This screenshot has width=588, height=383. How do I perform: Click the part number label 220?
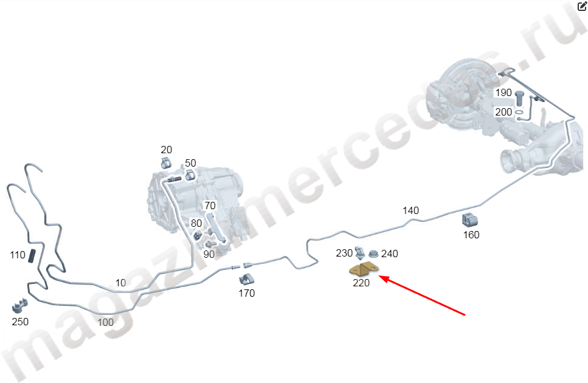(x=361, y=283)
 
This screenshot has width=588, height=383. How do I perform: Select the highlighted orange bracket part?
(x=364, y=269)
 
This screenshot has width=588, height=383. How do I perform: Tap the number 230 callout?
(x=344, y=254)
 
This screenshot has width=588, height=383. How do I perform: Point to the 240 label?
(x=390, y=254)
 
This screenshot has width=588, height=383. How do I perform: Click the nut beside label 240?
(x=373, y=254)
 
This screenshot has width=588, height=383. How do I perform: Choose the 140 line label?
(x=410, y=210)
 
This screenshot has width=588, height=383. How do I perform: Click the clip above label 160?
(x=469, y=220)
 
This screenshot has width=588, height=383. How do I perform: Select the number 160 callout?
(x=471, y=235)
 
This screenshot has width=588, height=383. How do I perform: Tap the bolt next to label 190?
(x=519, y=98)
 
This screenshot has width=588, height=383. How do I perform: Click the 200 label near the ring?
(x=503, y=112)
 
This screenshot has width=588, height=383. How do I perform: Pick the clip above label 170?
(x=247, y=279)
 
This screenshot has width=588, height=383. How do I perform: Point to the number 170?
(x=247, y=293)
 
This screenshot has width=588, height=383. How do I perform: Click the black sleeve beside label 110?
(x=32, y=256)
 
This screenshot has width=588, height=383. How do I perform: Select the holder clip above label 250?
(x=20, y=306)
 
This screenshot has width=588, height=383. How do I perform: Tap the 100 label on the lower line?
(x=105, y=322)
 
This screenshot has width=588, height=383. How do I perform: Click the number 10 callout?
(x=120, y=283)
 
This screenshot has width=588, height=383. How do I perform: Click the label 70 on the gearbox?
(x=210, y=205)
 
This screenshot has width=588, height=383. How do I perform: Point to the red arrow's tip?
(x=379, y=276)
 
